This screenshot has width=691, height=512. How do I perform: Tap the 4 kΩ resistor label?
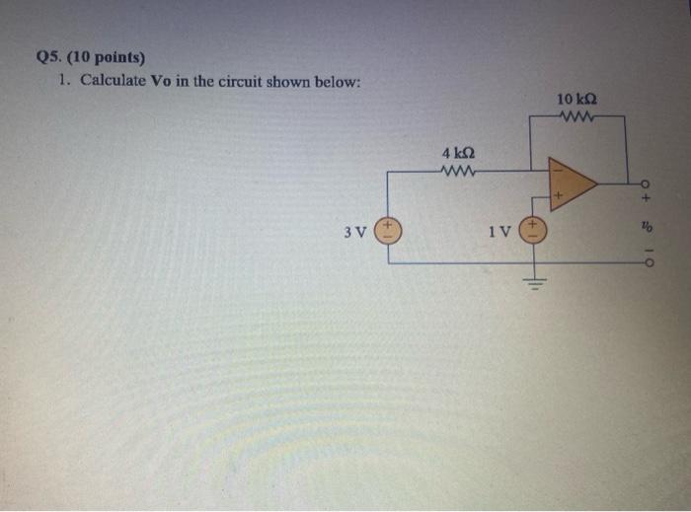(459, 154)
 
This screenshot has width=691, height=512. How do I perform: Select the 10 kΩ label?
(576, 100)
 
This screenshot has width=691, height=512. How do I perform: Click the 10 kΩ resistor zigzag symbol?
(575, 117)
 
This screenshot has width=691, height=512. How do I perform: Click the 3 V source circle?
(388, 233)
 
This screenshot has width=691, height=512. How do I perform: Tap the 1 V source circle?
(534, 233)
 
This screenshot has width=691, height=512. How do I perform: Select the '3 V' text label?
(355, 234)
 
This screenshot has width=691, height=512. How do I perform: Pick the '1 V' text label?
(500, 234)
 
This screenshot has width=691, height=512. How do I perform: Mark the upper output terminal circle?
(647, 184)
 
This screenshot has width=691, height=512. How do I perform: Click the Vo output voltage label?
(647, 226)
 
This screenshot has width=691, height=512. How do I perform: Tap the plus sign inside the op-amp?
(557, 197)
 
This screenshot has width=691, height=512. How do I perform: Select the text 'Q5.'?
(48, 56)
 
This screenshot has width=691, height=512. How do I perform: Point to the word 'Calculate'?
(113, 80)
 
